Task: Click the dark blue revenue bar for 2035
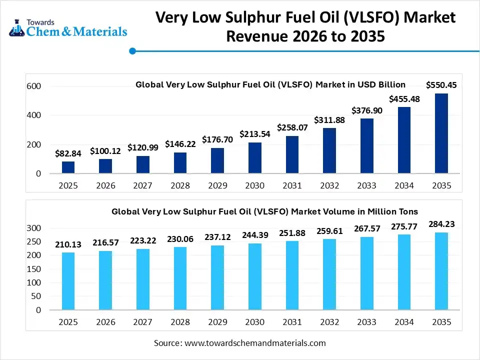[x=441, y=133]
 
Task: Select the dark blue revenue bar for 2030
[x=254, y=158]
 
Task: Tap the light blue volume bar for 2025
[x=68, y=281]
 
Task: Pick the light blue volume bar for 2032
[x=329, y=274]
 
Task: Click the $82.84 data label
[x=68, y=153]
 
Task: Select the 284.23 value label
[x=441, y=224]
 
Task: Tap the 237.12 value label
[x=217, y=236]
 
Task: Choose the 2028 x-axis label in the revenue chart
[x=180, y=186]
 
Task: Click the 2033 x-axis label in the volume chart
[x=366, y=322]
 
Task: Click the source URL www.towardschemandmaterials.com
[x=255, y=343]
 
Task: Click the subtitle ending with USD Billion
[x=270, y=84]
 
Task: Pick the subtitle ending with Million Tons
[x=264, y=211]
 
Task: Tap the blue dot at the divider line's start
[x=132, y=50]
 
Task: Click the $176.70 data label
[x=217, y=139]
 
